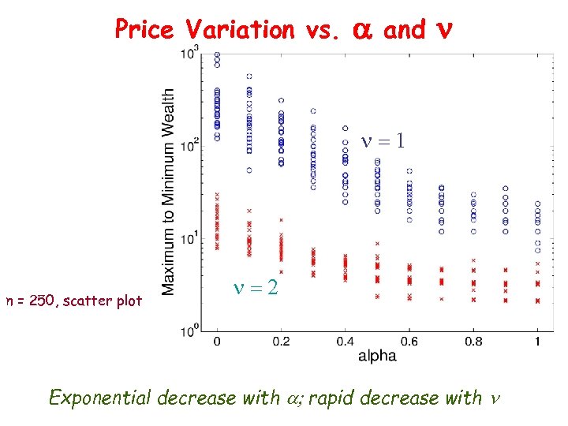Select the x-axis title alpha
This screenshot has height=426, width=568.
(377, 356)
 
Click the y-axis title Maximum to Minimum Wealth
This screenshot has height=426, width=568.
(169, 192)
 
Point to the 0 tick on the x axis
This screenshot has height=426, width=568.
(217, 341)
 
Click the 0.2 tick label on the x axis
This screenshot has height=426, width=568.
(281, 341)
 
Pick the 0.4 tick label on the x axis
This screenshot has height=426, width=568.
(345, 341)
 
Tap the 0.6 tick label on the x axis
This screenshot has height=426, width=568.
(409, 341)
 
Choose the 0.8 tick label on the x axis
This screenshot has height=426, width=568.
(473, 341)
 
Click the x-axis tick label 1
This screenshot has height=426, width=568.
(537, 341)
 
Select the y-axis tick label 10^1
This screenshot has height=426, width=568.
(189, 239)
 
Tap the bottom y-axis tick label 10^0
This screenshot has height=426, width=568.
(189, 331)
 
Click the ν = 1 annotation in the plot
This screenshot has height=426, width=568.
(383, 141)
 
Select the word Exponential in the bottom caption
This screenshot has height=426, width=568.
(100, 397)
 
